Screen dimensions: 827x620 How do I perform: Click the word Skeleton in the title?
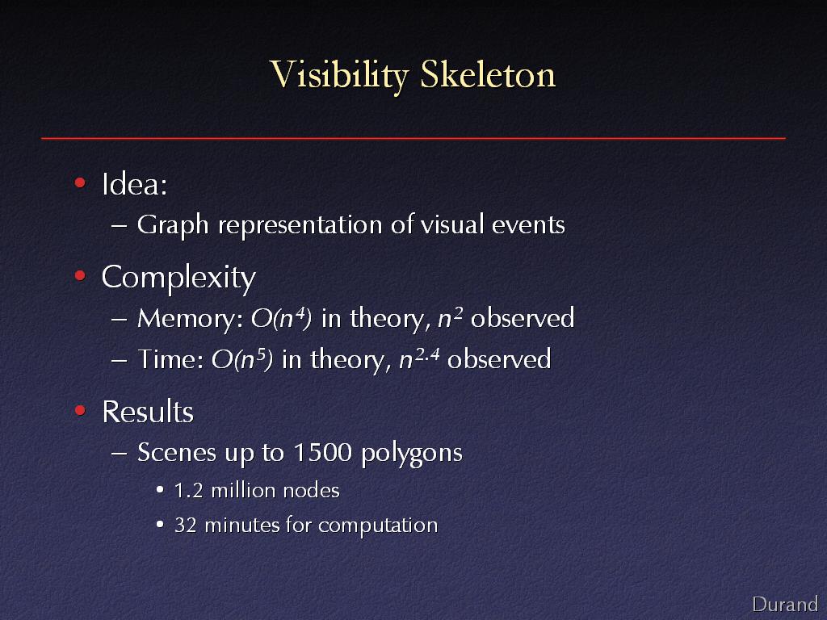(x=488, y=73)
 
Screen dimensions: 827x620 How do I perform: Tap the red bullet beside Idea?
(x=80, y=183)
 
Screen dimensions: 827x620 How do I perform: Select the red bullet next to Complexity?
(x=80, y=275)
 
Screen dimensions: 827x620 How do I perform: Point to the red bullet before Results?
(x=80, y=410)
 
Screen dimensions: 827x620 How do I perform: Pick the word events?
(x=528, y=224)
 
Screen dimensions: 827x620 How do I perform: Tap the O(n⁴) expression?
(x=281, y=318)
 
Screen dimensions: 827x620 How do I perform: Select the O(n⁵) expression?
(x=242, y=359)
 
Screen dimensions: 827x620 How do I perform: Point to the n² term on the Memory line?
(x=451, y=318)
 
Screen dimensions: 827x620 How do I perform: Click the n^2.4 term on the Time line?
(x=419, y=359)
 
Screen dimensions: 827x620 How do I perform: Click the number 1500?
(x=322, y=452)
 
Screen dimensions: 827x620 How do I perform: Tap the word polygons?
(x=412, y=454)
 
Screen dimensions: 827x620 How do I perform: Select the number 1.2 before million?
(x=189, y=491)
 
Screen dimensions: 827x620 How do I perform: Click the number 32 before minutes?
(x=186, y=525)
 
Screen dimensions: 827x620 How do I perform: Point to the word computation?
(x=378, y=526)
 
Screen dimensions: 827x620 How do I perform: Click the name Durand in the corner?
(x=785, y=604)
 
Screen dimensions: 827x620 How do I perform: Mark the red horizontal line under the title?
(x=413, y=138)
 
